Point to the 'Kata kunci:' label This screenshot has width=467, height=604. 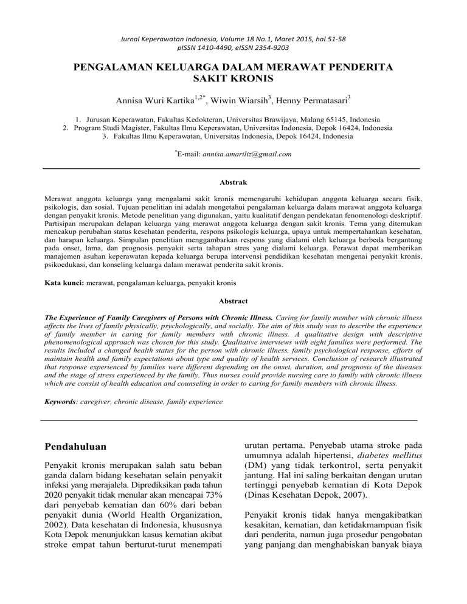pyautogui.click(x=65, y=284)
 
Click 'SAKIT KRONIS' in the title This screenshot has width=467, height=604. pyautogui.click(x=233, y=77)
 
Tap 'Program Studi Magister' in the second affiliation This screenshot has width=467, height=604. pyautogui.click(x=114, y=129)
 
